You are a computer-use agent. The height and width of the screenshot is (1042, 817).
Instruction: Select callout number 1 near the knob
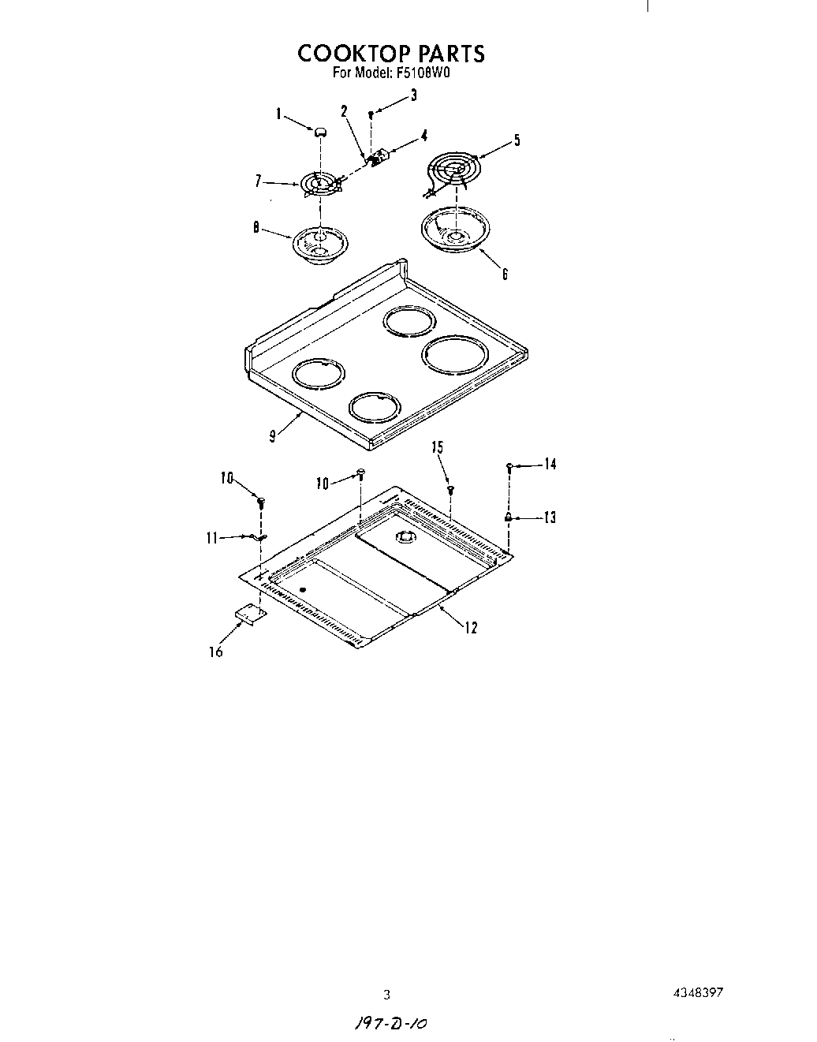(x=278, y=114)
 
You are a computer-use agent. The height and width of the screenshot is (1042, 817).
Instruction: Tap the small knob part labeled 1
(x=319, y=133)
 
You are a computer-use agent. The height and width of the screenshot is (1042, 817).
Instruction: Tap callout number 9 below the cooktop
(x=272, y=436)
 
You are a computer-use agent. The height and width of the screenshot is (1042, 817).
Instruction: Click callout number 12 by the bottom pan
(x=471, y=628)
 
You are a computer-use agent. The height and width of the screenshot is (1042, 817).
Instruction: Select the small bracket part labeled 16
(x=250, y=614)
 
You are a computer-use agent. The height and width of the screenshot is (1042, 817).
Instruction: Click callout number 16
(x=215, y=652)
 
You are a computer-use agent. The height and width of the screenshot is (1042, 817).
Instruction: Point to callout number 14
(x=550, y=465)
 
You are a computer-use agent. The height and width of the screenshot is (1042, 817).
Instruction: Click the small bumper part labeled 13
(x=509, y=517)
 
